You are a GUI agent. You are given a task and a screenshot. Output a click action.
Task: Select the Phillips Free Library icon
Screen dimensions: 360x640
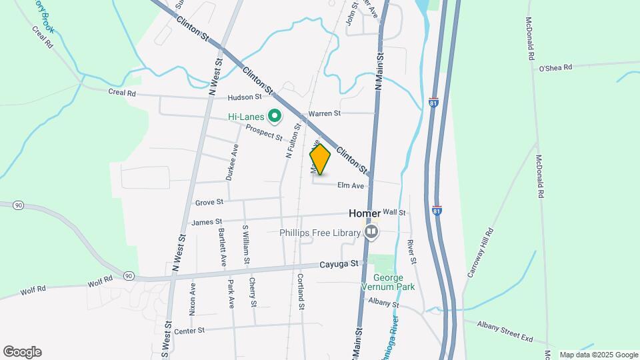tap(371, 232)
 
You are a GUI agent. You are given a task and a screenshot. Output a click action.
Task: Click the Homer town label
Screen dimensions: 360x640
tap(365, 214)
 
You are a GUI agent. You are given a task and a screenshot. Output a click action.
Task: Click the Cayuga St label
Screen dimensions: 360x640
tap(341, 264)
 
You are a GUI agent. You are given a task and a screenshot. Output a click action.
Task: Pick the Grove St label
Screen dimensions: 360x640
tap(209, 201)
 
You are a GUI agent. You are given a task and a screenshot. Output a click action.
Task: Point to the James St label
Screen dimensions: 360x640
tap(206, 221)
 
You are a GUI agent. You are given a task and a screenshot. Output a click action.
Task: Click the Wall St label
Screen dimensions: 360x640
tap(394, 212)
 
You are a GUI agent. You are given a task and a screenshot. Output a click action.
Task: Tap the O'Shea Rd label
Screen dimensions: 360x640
tap(555, 67)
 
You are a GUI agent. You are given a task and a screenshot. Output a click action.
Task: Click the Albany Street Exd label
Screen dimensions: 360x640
tap(505, 331)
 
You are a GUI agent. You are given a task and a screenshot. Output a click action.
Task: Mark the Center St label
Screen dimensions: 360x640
tap(189, 331)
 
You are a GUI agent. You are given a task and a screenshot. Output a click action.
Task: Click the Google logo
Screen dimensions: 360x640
tap(22, 352)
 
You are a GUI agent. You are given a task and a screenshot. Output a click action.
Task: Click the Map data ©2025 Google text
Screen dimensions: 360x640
tap(598, 355)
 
